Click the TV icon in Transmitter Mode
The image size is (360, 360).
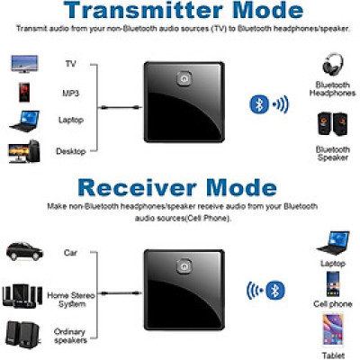24,64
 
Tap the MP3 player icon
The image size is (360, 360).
24,93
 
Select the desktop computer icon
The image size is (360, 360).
24,152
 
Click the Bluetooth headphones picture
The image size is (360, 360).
333,64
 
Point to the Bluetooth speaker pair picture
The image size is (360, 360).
333,123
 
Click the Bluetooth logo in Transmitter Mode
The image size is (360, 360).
259,104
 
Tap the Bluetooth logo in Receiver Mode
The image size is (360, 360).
274,290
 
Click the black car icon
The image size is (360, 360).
24,251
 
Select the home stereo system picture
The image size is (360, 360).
22,296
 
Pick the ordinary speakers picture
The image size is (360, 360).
22,335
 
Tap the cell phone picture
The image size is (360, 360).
333,284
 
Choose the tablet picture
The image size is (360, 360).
333,329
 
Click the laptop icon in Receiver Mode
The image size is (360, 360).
333,243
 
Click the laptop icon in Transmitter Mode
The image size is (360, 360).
24,121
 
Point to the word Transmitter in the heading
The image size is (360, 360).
143,10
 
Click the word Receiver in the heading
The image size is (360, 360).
137,187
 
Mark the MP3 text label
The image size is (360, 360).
71,94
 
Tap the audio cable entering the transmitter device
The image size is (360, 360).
121,107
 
